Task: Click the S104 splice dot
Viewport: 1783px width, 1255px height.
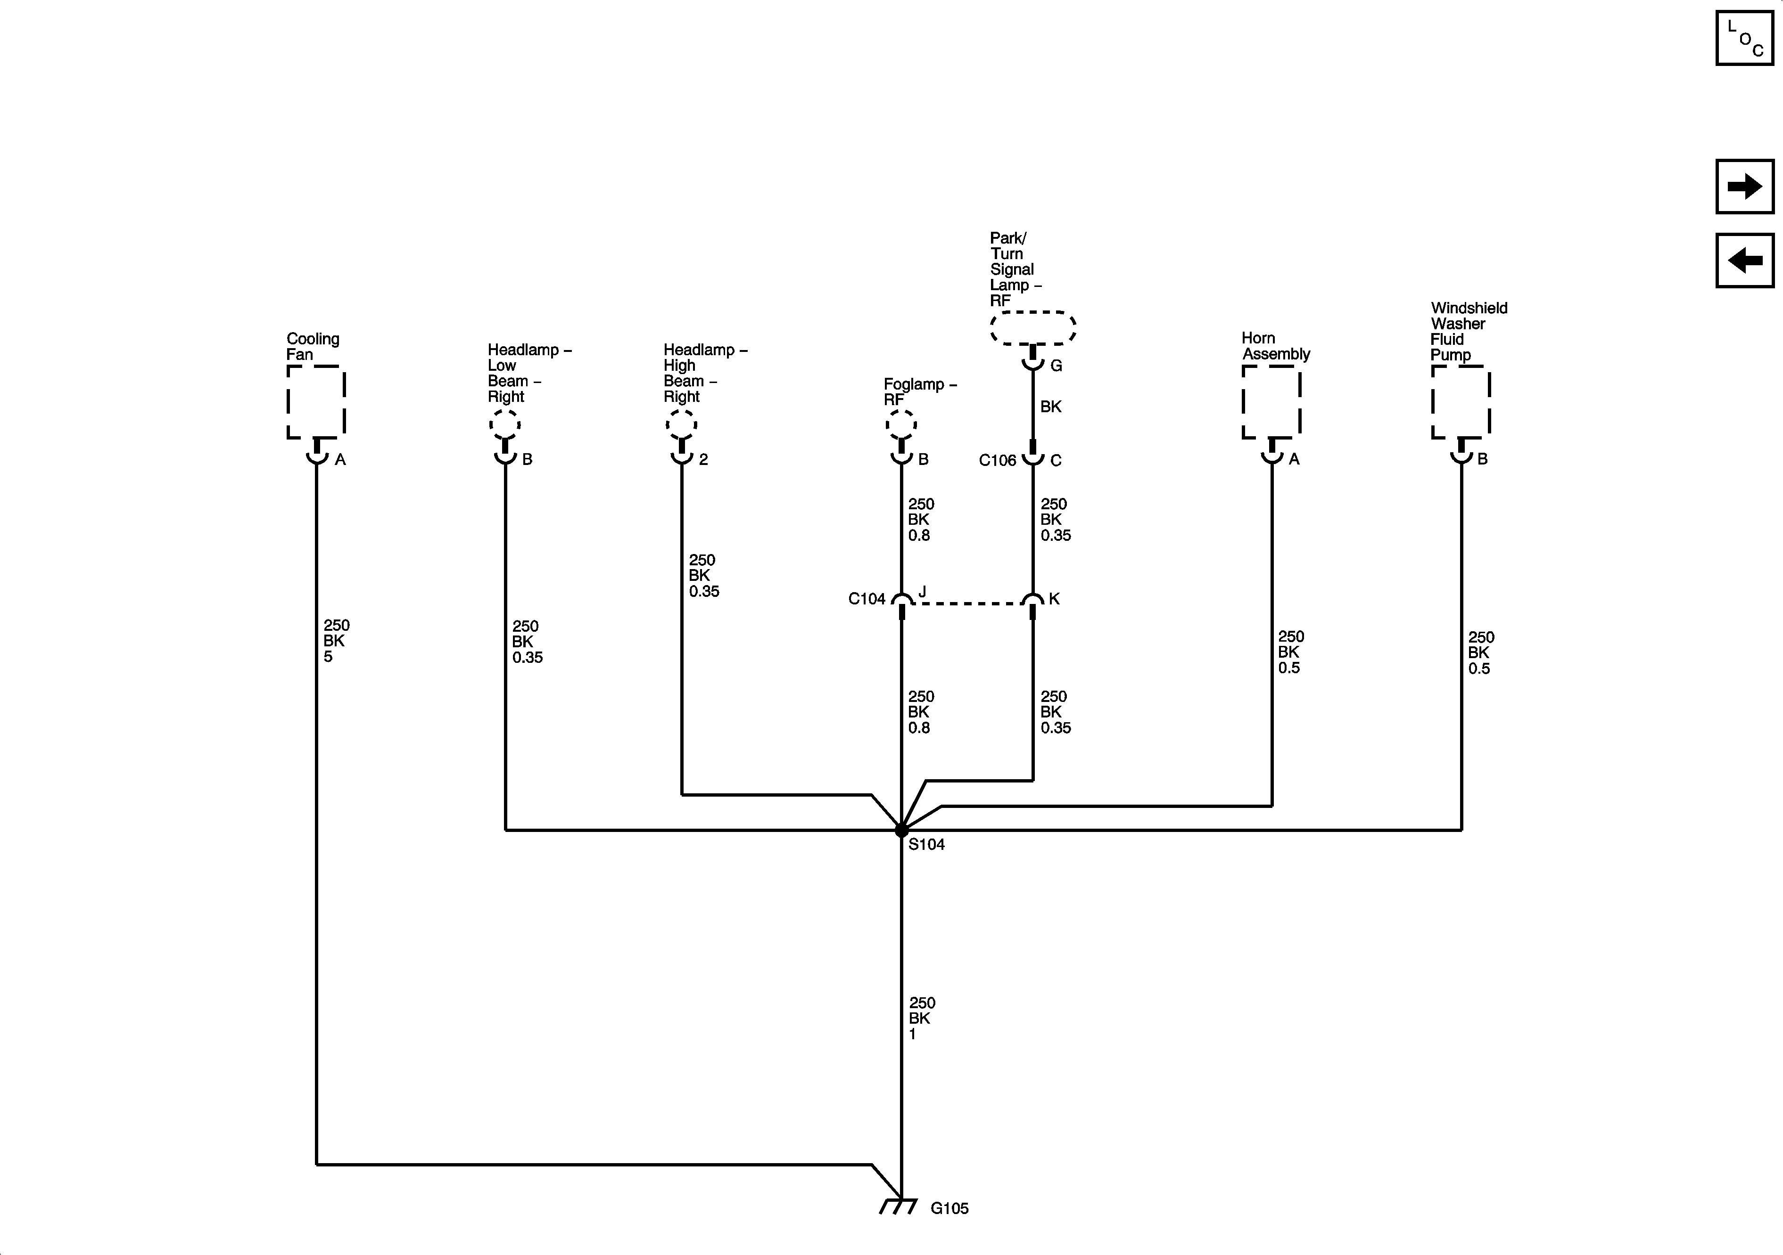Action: (901, 831)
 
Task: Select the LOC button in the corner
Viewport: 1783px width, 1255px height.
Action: (1744, 38)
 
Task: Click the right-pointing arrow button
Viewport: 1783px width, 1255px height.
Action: (1744, 186)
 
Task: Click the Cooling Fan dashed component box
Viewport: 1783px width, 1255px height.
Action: (316, 402)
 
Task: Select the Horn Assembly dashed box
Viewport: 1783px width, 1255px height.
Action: (1271, 402)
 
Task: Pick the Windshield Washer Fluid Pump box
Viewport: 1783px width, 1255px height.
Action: (1461, 402)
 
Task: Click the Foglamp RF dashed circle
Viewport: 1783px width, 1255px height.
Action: (901, 424)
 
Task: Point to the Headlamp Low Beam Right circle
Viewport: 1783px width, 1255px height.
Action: (505, 424)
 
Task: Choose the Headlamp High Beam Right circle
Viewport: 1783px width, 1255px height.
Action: (682, 424)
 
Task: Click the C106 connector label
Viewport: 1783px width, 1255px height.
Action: (997, 460)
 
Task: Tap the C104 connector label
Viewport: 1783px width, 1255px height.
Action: (867, 598)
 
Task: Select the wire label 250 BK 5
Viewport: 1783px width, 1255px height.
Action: (336, 641)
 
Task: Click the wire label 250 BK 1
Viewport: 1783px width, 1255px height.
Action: (922, 1019)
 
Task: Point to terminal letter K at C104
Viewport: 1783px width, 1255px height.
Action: (1054, 598)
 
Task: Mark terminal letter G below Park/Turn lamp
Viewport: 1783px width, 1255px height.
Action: (1056, 366)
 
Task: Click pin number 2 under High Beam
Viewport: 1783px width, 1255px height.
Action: (703, 459)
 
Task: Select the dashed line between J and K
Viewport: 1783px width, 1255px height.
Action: (967, 603)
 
